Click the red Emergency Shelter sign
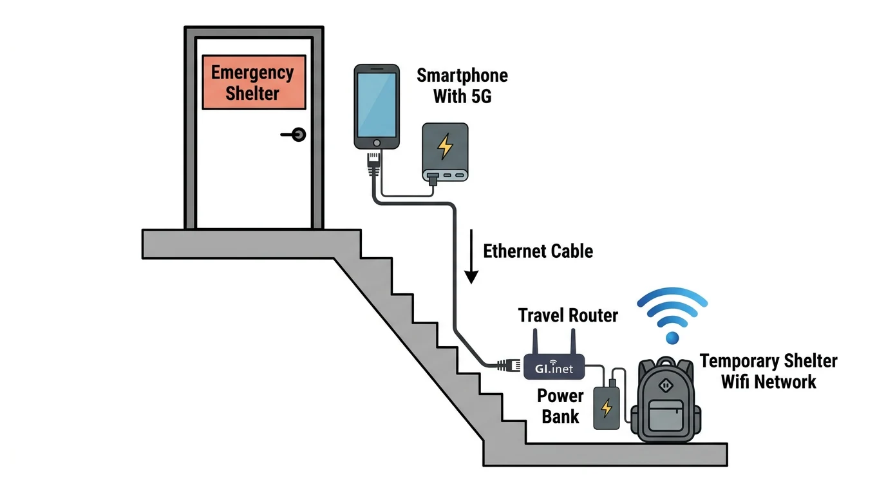253,82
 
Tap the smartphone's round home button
377,142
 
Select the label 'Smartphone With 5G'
462,86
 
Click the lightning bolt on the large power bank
445,147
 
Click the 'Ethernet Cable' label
538,251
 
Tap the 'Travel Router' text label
568,315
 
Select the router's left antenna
535,342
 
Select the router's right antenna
572,342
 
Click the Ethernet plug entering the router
509,365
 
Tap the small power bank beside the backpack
606,407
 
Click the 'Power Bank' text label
560,406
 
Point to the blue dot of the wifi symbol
673,338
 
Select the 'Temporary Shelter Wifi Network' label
768,371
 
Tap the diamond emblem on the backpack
666,385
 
